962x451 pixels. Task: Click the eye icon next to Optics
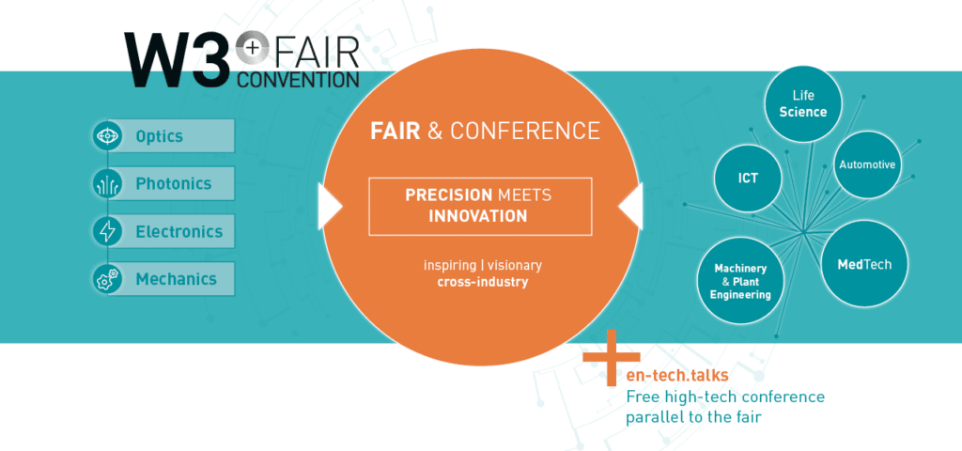point(107,135)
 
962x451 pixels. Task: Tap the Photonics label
point(174,183)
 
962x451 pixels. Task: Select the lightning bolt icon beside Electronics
point(107,231)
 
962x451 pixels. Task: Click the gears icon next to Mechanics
point(107,279)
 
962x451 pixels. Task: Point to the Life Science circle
point(802,104)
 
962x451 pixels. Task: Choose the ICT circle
point(748,178)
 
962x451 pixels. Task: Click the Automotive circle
point(867,164)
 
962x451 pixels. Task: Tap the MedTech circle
point(864,264)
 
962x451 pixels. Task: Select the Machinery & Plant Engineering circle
point(740,281)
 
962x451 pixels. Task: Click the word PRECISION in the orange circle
point(448,195)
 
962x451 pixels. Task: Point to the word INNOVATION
point(478,216)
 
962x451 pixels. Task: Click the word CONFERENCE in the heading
point(524,131)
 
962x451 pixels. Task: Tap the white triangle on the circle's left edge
point(330,206)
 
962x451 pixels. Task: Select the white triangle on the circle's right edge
point(630,206)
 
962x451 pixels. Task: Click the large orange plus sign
point(611,357)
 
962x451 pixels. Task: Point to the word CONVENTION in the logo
point(298,79)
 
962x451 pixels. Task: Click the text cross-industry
point(482,283)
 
